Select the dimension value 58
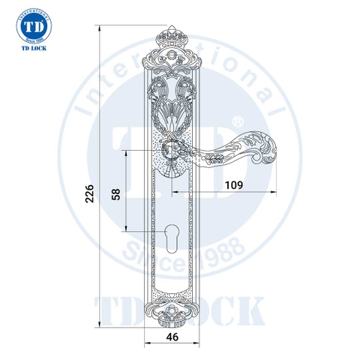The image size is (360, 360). [x=115, y=193]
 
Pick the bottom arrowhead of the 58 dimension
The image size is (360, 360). [x=127, y=228]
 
